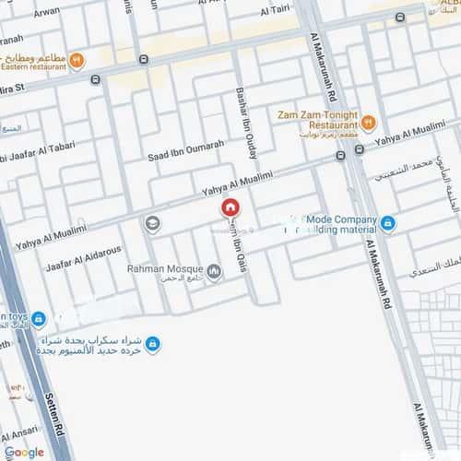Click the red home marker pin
click(x=230, y=209)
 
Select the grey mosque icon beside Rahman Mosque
click(x=214, y=271)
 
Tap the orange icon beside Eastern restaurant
click(x=77, y=61)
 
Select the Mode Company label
click(x=349, y=220)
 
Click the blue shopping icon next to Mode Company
click(x=387, y=222)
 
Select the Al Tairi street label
click(x=276, y=11)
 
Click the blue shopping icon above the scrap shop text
click(x=153, y=344)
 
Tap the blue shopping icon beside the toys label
click(x=39, y=319)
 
